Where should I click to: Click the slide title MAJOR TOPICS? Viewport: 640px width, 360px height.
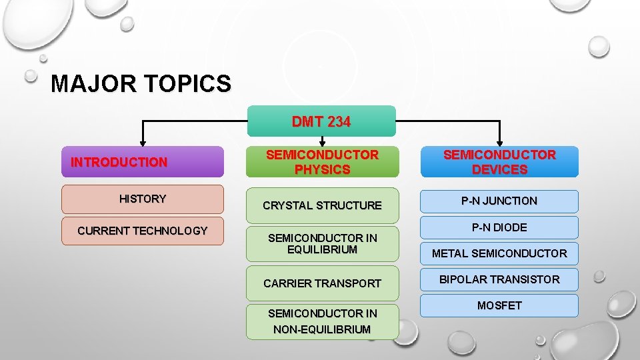click(141, 84)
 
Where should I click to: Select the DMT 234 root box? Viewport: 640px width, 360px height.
click(322, 121)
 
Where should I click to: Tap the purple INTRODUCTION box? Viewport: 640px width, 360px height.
click(142, 162)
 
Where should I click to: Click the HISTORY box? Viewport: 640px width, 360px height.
click(142, 199)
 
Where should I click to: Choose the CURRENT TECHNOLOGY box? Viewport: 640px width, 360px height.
click(142, 231)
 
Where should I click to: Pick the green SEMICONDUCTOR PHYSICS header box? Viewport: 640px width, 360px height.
click(322, 162)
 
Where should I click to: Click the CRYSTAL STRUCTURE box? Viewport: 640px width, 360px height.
click(322, 205)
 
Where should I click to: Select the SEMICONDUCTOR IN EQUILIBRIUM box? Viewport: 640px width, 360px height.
click(322, 243)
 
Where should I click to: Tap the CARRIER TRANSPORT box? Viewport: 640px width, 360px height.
click(322, 283)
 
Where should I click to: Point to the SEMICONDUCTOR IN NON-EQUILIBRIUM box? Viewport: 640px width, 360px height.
click(322, 321)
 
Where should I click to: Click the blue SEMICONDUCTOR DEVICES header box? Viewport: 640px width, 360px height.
click(499, 162)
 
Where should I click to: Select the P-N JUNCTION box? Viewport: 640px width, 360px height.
click(499, 201)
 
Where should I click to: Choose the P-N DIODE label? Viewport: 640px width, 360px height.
click(499, 227)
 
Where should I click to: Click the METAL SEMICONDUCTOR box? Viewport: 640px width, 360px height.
click(499, 253)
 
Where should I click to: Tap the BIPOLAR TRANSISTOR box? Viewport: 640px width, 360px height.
click(499, 279)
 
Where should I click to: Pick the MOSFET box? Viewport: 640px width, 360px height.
click(499, 305)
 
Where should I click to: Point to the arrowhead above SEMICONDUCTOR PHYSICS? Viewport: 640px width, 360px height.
click(323, 142)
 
